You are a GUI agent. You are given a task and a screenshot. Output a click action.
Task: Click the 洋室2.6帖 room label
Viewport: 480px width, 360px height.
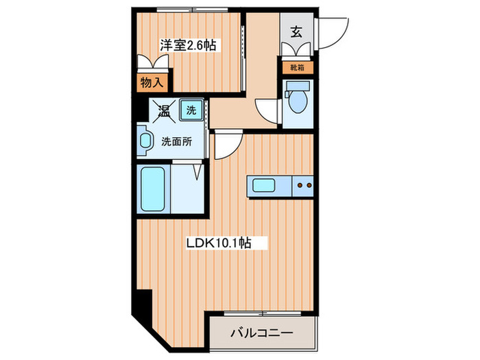[188, 46]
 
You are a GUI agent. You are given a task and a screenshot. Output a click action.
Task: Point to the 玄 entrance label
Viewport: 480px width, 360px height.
[296, 32]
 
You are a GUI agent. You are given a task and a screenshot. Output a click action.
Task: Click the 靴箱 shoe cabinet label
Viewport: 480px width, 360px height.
[298, 68]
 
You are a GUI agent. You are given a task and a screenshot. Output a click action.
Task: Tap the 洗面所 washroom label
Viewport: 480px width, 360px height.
[176, 143]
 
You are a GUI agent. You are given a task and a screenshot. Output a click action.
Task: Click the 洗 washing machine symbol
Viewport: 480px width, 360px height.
[191, 108]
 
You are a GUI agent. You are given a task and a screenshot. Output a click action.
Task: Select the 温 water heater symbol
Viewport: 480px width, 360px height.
[164, 109]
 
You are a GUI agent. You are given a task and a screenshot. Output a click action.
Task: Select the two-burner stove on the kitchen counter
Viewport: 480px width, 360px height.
[303, 185]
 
